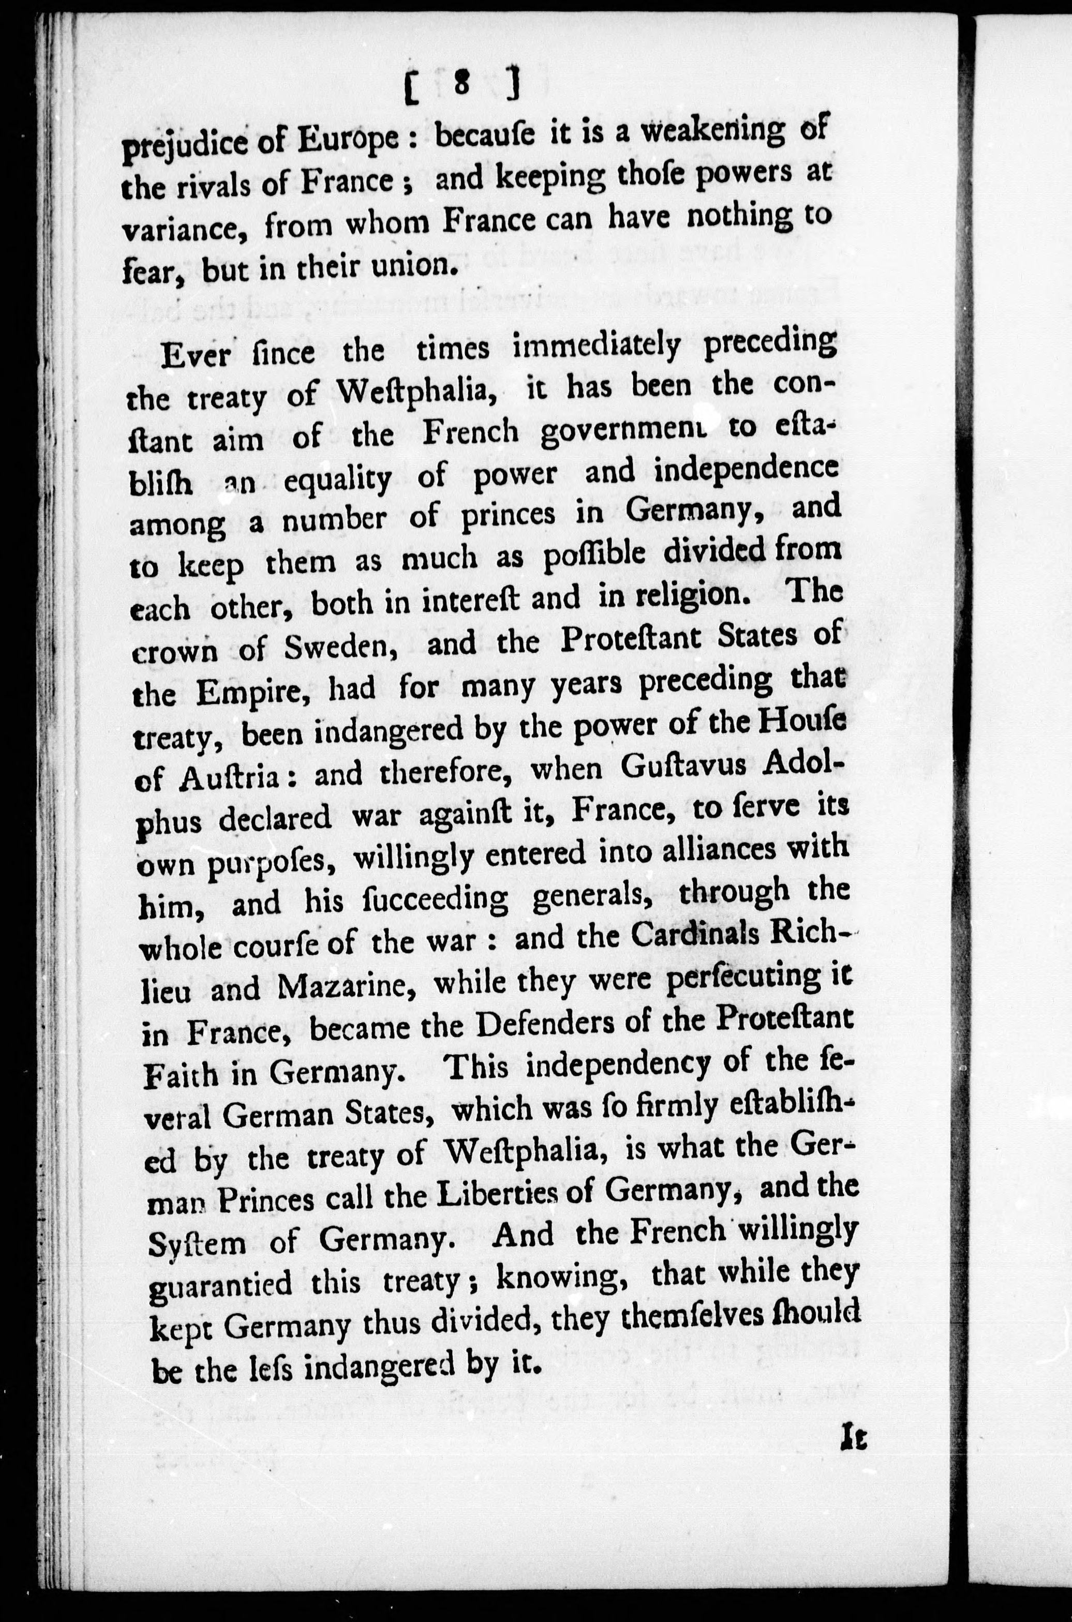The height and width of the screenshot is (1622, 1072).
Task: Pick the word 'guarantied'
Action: (x=219, y=1285)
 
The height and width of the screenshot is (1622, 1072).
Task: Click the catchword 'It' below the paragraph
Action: (x=854, y=1437)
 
